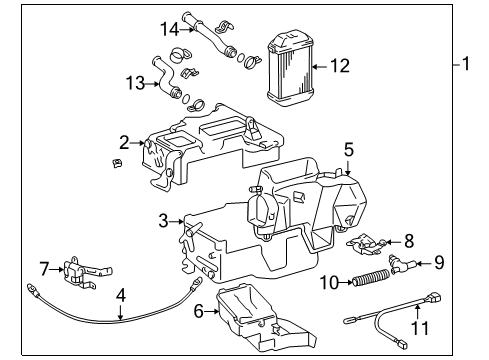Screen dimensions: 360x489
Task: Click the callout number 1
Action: point(465,67)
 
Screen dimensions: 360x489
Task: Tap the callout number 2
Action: point(123,143)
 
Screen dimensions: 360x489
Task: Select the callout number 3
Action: point(163,221)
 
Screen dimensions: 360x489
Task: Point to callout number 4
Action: point(120,296)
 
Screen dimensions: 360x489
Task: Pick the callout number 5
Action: point(348,149)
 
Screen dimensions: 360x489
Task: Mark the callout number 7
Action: point(44,267)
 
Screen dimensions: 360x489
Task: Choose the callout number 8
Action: point(408,240)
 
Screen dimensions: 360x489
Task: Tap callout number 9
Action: point(440,264)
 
